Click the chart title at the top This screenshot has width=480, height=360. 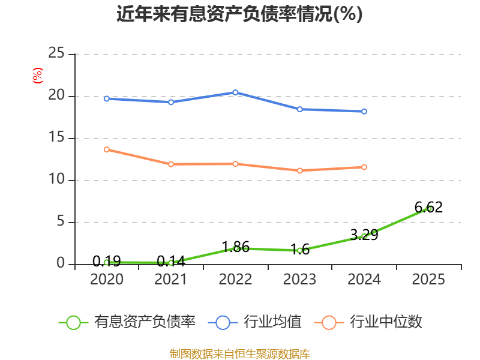click(x=239, y=14)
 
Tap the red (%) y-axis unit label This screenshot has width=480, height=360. click(x=38, y=76)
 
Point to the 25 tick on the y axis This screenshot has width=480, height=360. click(x=56, y=53)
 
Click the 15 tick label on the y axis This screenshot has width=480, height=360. click(x=56, y=137)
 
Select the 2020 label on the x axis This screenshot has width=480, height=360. click(x=107, y=279)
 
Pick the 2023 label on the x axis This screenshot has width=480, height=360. click(x=299, y=279)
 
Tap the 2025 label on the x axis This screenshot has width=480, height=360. click(x=428, y=279)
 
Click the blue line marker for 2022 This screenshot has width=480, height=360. click(x=235, y=92)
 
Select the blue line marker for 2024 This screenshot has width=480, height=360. click(x=364, y=112)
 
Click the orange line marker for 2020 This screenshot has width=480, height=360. click(x=107, y=149)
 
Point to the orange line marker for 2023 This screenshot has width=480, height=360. click(x=299, y=170)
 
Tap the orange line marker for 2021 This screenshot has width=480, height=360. click(x=171, y=164)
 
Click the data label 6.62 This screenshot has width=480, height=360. click(x=428, y=207)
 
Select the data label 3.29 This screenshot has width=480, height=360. click(x=364, y=235)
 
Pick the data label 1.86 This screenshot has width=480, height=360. click(x=235, y=247)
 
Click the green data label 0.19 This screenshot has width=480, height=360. click(x=107, y=261)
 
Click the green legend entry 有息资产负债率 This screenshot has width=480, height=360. click(x=127, y=322)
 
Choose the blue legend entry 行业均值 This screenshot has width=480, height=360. click(x=254, y=322)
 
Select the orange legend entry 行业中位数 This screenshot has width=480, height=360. click(x=368, y=322)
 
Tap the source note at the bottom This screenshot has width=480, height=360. click(x=239, y=354)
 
